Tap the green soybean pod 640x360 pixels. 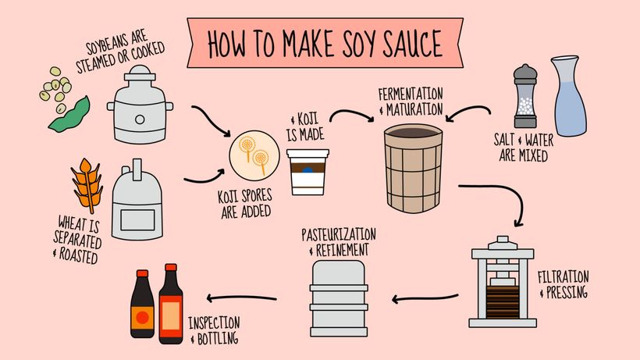coord(69,115)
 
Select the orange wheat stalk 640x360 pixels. coord(87,185)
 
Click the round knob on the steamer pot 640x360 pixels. coord(140,119)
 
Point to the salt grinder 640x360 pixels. coord(525,96)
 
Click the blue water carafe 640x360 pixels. coord(569,96)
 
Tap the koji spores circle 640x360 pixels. coord(254,155)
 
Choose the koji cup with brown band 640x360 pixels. coord(308,172)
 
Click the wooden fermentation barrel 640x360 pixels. coord(413,168)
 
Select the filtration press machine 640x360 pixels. coord(503,282)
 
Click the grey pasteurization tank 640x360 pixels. coord(339,298)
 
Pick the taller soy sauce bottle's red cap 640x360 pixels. coord(171,268)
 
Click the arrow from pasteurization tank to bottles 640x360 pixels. coord(241,298)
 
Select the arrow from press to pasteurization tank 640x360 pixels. coord(425,299)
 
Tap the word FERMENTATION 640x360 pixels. coord(411,94)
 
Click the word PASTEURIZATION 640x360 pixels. coord(339,235)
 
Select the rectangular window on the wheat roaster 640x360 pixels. coord(137,220)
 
